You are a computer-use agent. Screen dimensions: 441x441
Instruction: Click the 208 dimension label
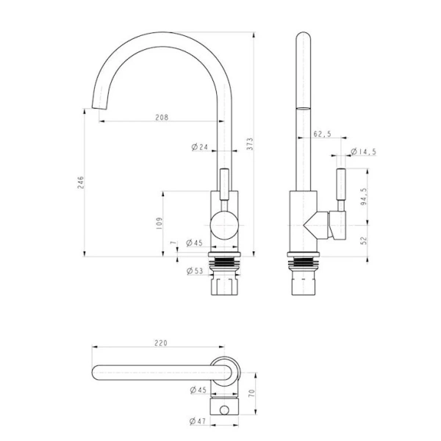[x=162, y=118]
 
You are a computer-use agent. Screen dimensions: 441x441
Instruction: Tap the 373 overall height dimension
[x=250, y=144]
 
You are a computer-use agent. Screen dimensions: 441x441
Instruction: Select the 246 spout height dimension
[x=80, y=182]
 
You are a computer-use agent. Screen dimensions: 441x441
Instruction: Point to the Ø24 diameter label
[x=199, y=147]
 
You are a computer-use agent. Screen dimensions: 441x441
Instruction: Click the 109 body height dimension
[x=159, y=223]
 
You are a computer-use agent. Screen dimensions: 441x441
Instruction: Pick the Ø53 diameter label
[x=195, y=271]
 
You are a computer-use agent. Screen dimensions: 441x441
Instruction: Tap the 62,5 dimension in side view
[x=323, y=135]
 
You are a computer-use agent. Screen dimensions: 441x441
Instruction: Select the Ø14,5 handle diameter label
[x=363, y=151]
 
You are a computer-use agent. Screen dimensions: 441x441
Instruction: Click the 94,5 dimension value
[x=364, y=196]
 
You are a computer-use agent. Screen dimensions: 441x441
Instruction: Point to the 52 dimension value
[x=364, y=240]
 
